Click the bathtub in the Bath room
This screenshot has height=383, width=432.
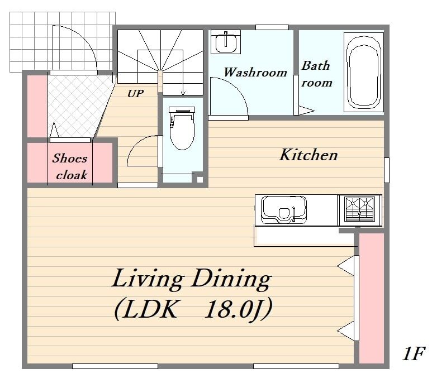click(x=364, y=73)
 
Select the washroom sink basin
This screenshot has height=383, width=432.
click(x=226, y=43)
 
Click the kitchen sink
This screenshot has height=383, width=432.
click(x=283, y=210)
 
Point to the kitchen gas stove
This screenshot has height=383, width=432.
click(x=359, y=209)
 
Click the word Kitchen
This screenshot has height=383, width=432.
click(x=308, y=155)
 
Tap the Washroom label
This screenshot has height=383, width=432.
click(x=255, y=72)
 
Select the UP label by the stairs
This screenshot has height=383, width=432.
click(x=135, y=94)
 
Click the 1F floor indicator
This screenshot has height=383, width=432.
click(x=414, y=353)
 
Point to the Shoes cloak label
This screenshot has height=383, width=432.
click(x=70, y=166)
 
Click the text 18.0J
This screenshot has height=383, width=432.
click(x=238, y=309)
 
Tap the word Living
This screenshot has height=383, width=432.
click(x=148, y=279)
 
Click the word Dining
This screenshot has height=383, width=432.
click(x=231, y=279)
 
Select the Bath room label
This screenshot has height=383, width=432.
click(x=316, y=74)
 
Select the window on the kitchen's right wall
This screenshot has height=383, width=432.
click(x=387, y=170)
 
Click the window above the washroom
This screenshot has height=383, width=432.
click(x=272, y=27)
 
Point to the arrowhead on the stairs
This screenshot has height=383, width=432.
click(x=183, y=93)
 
